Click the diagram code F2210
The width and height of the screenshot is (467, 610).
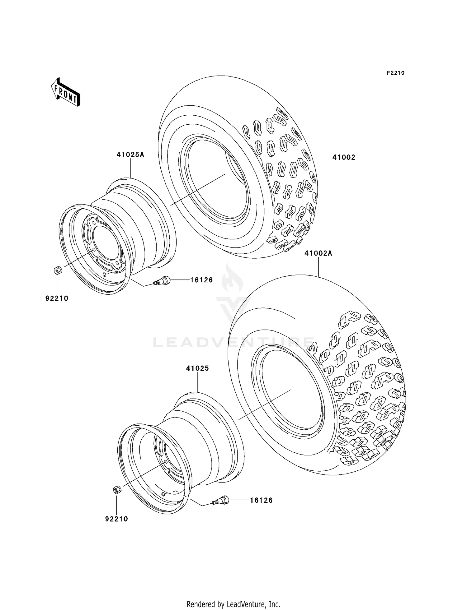click(x=395, y=73)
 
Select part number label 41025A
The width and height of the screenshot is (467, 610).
click(x=130, y=155)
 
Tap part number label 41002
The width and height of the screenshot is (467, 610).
click(x=344, y=157)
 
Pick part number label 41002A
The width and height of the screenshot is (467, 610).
click(x=318, y=253)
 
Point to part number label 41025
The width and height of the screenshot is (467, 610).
click(x=197, y=368)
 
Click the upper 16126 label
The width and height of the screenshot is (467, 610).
click(x=201, y=280)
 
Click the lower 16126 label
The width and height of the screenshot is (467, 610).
click(x=261, y=500)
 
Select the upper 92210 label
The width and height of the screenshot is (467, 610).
click(x=57, y=298)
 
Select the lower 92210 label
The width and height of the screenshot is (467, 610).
click(x=116, y=519)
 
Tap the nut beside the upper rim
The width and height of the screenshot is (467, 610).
click(x=57, y=270)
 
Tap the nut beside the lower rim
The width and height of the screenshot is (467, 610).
click(x=117, y=490)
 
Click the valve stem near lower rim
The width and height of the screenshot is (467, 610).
click(x=221, y=501)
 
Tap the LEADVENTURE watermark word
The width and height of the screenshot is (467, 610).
click(x=233, y=343)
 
